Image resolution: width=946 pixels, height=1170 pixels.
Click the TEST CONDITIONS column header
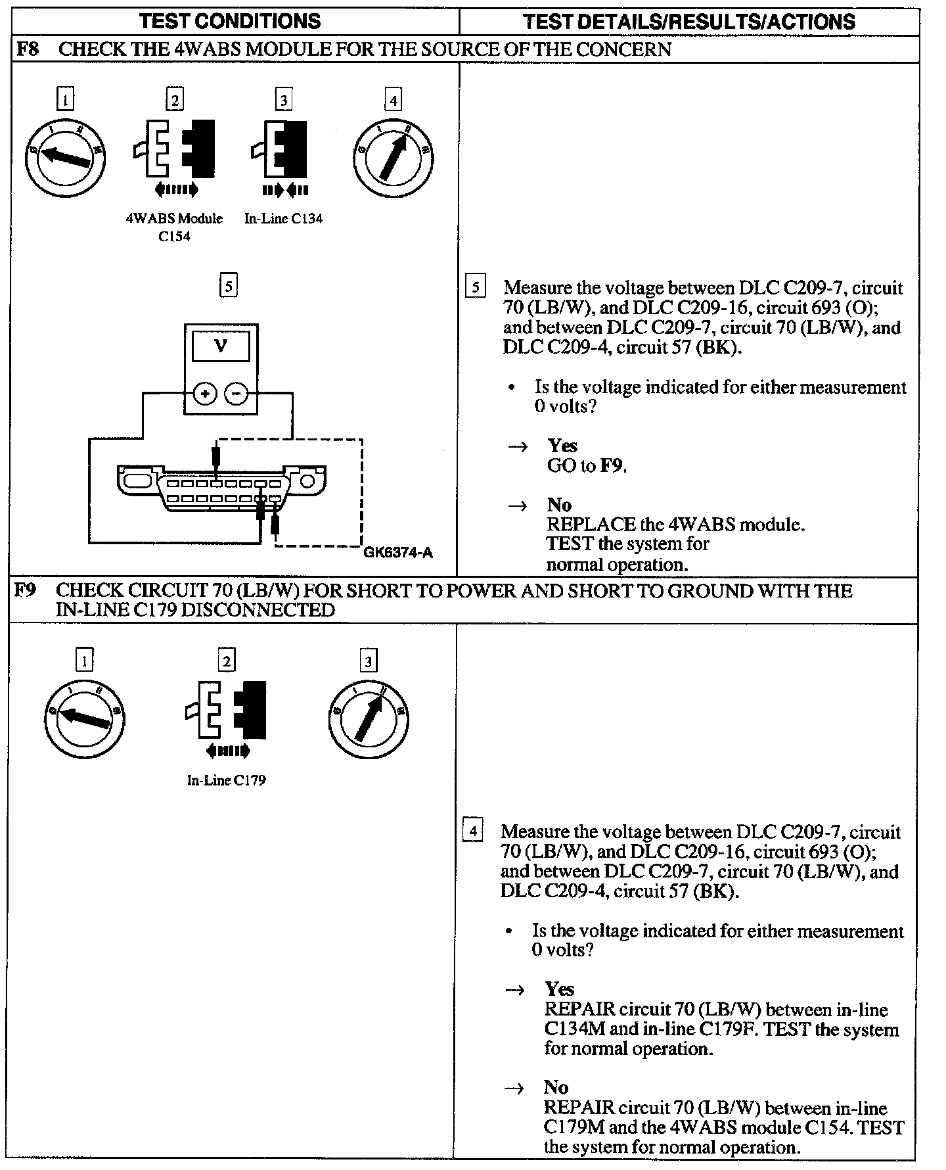coord(230,21)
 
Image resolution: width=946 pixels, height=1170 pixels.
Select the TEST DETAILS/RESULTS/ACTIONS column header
coord(689,22)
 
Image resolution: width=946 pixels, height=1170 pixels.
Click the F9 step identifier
coord(26,591)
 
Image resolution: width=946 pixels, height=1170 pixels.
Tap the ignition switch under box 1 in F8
coord(65,156)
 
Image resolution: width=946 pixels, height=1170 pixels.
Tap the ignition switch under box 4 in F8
coord(393,156)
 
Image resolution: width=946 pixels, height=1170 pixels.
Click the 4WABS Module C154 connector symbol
coord(175,149)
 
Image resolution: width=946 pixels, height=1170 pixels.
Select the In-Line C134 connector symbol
coord(283,149)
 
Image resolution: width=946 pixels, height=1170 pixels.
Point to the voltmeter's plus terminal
coord(205,394)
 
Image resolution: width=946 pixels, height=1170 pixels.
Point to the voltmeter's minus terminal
coord(236,394)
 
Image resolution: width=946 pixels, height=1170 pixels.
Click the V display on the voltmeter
coord(221,346)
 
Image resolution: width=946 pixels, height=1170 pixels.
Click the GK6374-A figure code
coord(398,553)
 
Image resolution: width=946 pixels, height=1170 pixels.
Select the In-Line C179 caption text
coord(226,780)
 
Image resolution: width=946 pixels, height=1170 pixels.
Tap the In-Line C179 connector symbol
coord(227,711)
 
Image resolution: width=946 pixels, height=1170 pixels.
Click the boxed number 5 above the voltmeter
coord(228,286)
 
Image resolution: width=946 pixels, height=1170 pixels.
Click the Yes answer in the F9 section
coord(560,989)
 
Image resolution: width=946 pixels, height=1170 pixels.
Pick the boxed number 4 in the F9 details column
coord(473,830)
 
